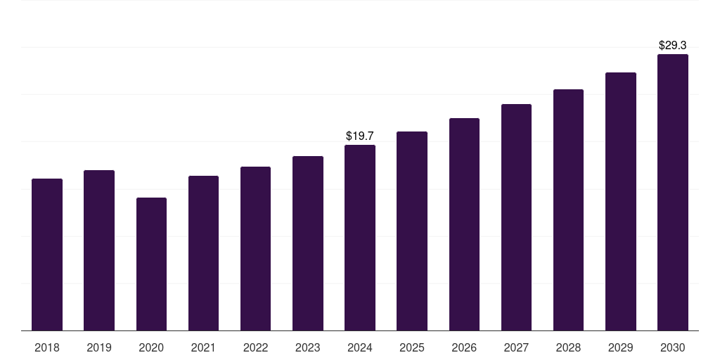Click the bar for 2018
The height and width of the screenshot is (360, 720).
pyautogui.click(x=47, y=255)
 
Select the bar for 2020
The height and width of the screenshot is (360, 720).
pyautogui.click(x=151, y=264)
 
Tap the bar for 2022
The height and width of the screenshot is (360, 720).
pyautogui.click(x=255, y=248)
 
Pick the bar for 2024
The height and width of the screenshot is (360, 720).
pyautogui.click(x=360, y=238)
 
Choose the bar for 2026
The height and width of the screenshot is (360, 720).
pyautogui.click(x=464, y=224)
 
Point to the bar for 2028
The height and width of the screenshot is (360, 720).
pyautogui.click(x=568, y=210)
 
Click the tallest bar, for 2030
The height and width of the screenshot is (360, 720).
pyautogui.click(x=673, y=192)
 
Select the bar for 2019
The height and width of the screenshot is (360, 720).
pyautogui.click(x=99, y=250)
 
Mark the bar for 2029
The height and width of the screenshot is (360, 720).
pyautogui.click(x=621, y=201)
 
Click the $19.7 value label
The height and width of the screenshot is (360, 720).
pyautogui.click(x=360, y=136)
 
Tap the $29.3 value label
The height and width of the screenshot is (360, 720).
pyautogui.click(x=673, y=45)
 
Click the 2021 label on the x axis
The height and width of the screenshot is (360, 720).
pyautogui.click(x=203, y=347)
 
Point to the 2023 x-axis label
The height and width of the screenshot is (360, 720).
pyautogui.click(x=308, y=347)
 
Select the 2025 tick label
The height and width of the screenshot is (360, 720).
pyautogui.click(x=412, y=347)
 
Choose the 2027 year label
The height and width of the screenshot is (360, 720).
pyautogui.click(x=516, y=347)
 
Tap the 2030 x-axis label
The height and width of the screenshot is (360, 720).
pyautogui.click(x=673, y=347)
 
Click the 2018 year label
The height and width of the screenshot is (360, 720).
pyautogui.click(x=47, y=347)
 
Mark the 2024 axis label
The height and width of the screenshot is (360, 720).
pyautogui.click(x=360, y=347)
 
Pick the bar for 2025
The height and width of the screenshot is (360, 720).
pyautogui.click(x=412, y=231)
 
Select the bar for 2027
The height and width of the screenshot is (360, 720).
pyautogui.click(x=516, y=217)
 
